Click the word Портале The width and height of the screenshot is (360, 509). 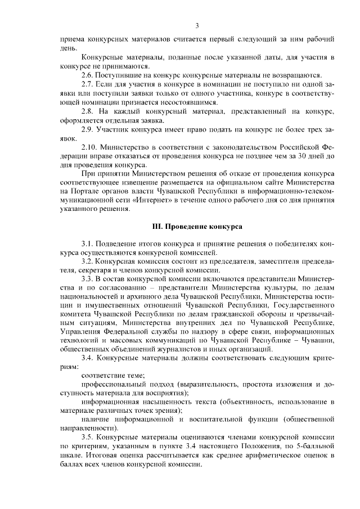(x=82, y=191)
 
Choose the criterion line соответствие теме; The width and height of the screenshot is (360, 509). (x=113, y=375)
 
